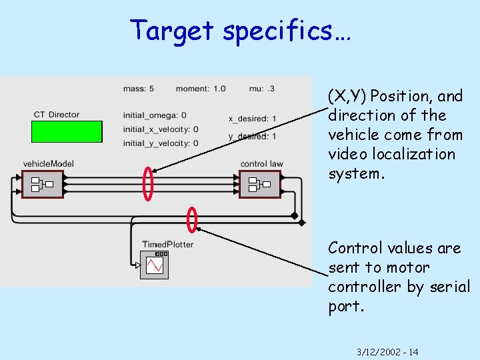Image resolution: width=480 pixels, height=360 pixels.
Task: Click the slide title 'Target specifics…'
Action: [x=240, y=30]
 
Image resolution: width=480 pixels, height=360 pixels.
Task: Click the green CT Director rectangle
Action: [x=67, y=131]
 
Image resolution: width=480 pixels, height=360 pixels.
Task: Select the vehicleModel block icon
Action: [x=43, y=183]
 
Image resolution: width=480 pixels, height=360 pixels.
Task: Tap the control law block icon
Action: [x=259, y=183]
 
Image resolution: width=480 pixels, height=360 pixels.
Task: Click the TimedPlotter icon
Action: [x=155, y=265]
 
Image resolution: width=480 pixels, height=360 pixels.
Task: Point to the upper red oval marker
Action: [x=148, y=183]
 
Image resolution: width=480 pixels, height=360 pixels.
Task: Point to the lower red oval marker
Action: [x=192, y=219]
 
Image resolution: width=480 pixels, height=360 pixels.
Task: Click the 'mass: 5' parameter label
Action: [x=139, y=88]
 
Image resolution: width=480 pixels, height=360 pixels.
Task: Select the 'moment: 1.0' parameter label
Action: [x=201, y=88]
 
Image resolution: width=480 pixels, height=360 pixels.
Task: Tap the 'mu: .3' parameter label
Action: [x=261, y=88]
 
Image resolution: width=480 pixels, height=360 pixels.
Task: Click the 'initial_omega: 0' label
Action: [x=155, y=115]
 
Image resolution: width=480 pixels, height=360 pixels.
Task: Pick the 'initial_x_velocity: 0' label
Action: [x=161, y=129]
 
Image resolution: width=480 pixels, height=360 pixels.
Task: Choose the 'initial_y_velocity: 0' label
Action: [x=161, y=143]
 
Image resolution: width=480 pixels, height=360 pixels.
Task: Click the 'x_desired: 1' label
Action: [x=252, y=119]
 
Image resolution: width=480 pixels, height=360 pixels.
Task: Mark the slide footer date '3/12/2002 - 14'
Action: [x=387, y=351]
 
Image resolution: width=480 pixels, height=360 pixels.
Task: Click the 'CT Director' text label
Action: [x=57, y=115]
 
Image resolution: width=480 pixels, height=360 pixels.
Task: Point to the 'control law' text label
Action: [x=261, y=163]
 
